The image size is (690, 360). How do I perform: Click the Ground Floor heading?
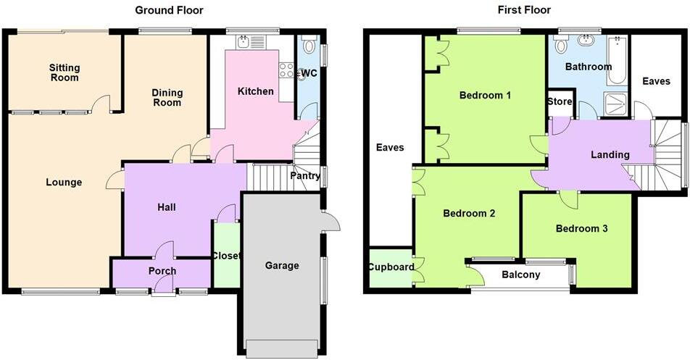pos(169,10)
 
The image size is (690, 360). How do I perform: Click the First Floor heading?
pos(524,10)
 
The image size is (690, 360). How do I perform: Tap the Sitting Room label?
pos(65,72)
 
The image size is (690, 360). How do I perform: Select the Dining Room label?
pos(167,98)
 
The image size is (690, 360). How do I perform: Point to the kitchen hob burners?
pos(286,71)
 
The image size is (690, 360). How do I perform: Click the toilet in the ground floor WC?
pos(310,46)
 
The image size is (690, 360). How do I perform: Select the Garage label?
pos(281,266)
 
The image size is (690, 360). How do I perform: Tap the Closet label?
pos(225,256)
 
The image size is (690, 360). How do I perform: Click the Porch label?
pos(162,271)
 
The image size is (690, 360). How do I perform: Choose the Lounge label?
pos(64,183)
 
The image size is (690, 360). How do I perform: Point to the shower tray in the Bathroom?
pos(616,106)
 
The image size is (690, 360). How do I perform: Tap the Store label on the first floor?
pos(560,102)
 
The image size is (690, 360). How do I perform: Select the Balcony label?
pos(520,275)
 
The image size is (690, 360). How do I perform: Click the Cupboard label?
pos(391,267)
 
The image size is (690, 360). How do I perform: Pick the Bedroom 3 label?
pos(581,229)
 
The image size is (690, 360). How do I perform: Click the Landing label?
pos(610,154)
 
